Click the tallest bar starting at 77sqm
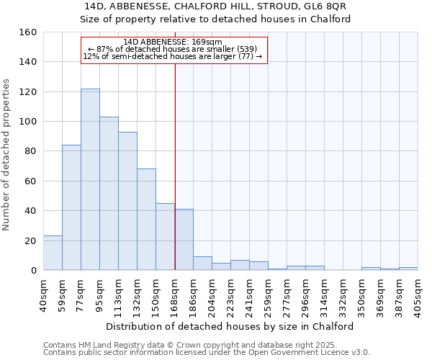(x=90, y=179)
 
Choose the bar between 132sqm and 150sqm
(x=146, y=220)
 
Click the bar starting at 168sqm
(x=184, y=240)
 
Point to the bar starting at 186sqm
(x=202, y=264)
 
